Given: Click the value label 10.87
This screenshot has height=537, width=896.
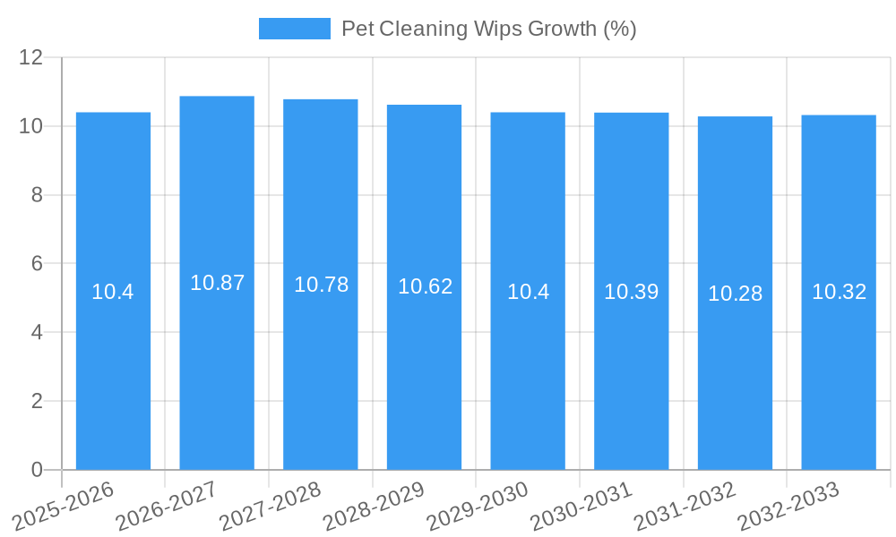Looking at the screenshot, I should click(x=217, y=283).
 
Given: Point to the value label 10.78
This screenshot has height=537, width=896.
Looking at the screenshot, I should click(x=321, y=285).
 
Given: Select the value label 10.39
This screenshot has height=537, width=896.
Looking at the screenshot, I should click(x=631, y=292).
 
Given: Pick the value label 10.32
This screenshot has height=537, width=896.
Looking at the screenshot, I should click(x=839, y=292).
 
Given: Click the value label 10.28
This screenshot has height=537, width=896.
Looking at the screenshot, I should click(x=735, y=294).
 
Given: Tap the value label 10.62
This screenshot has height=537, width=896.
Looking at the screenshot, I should click(x=425, y=286).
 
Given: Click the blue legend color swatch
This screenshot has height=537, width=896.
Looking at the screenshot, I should click(x=294, y=29).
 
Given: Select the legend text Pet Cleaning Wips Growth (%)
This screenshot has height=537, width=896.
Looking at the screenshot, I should click(x=488, y=29).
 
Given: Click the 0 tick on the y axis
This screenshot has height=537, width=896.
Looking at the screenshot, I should click(x=37, y=470).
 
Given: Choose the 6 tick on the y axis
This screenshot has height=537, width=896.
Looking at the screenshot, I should click(x=37, y=264).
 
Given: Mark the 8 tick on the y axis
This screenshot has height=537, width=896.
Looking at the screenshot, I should click(x=37, y=195).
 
